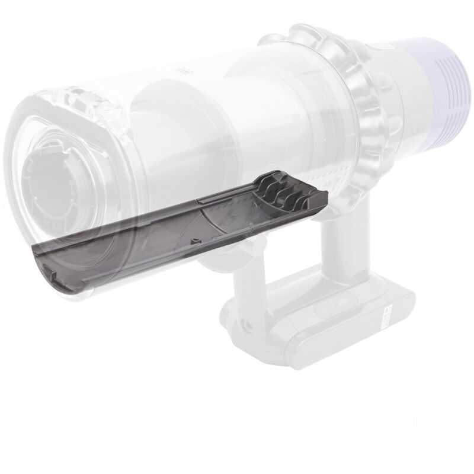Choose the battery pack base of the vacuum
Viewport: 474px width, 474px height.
click(x=332, y=332)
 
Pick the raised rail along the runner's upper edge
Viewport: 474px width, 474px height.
click(x=178, y=204)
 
